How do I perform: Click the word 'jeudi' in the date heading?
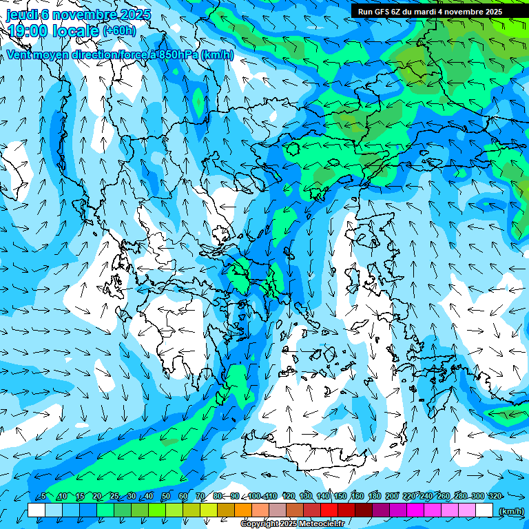click(23, 14)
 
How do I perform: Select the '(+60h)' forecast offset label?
click(119, 30)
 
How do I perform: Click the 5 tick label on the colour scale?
click(43, 496)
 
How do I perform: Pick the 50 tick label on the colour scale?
click(165, 496)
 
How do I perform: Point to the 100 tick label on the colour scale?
click(253, 496)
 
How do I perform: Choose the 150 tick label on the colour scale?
click(340, 496)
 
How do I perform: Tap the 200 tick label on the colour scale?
click(392, 496)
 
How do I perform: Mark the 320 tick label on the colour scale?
click(495, 496)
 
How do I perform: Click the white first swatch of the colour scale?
click(36, 510)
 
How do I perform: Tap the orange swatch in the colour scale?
click(243, 510)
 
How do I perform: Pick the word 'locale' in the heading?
click(76, 31)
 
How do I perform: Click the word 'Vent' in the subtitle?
click(19, 54)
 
